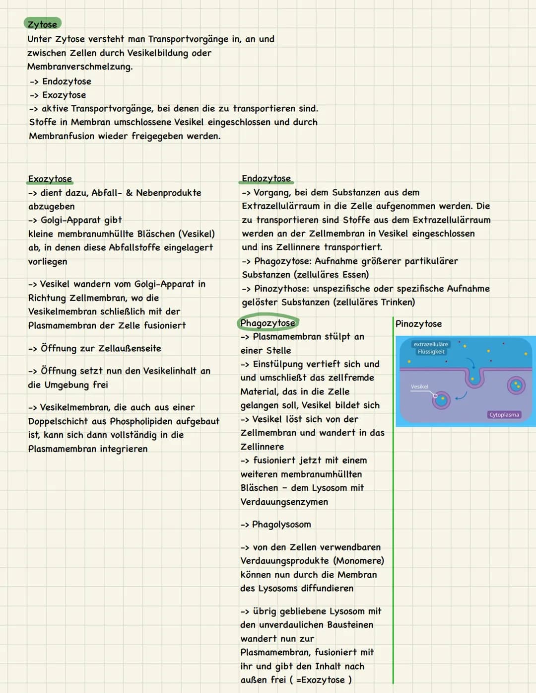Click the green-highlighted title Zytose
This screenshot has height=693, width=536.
(x=42, y=24)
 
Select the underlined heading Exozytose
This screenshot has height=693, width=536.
(x=50, y=179)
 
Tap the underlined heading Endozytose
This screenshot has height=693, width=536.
(x=266, y=178)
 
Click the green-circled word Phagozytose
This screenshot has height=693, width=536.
(x=268, y=323)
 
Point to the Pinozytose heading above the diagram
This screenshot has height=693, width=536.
(x=418, y=324)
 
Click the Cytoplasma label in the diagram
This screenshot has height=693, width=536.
(x=504, y=415)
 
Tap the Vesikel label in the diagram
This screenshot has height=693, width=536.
(x=419, y=386)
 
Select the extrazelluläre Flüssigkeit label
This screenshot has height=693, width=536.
(x=431, y=348)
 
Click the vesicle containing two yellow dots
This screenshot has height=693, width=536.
(x=516, y=385)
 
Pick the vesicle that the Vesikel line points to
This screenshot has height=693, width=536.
(x=441, y=399)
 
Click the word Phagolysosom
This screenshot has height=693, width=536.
(x=281, y=525)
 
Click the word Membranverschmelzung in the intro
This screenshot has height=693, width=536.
(x=79, y=67)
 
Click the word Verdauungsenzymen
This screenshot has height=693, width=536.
(x=284, y=502)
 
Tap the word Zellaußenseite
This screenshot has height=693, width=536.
(x=130, y=348)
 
